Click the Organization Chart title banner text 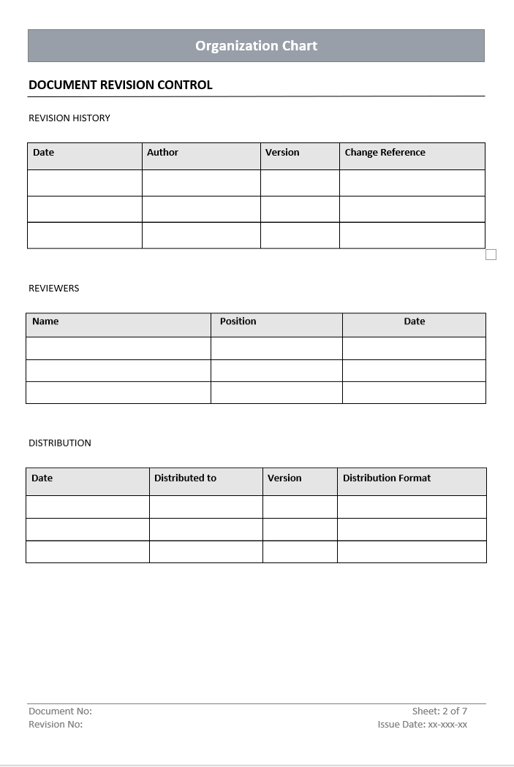click(256, 45)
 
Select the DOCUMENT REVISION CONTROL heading click(121, 85)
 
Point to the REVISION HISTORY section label click(69, 118)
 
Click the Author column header click(162, 153)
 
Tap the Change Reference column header click(385, 153)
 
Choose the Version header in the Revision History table click(282, 153)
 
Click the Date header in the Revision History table click(43, 153)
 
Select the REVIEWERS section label click(53, 288)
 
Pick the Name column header click(45, 321)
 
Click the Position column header click(238, 321)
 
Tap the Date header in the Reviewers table click(414, 321)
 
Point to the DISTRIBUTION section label click(60, 443)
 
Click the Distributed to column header click(185, 478)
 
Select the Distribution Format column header click(387, 478)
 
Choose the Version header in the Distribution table click(284, 478)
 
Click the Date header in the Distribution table click(42, 478)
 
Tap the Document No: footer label click(60, 711)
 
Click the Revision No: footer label click(56, 725)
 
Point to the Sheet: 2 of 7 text click(439, 711)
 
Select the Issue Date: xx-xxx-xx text click(423, 725)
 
